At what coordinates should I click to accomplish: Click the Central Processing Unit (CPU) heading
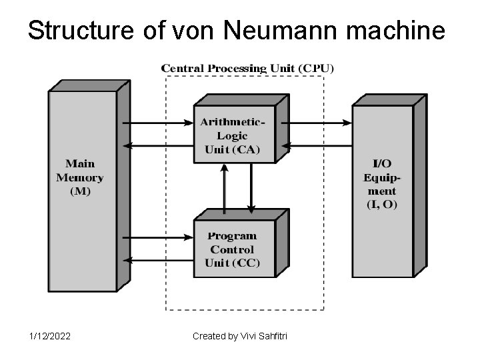[248, 68]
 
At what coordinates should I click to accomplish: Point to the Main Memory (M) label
[80, 177]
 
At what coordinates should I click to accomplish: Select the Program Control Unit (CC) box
[233, 249]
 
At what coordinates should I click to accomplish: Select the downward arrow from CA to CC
[251, 187]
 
